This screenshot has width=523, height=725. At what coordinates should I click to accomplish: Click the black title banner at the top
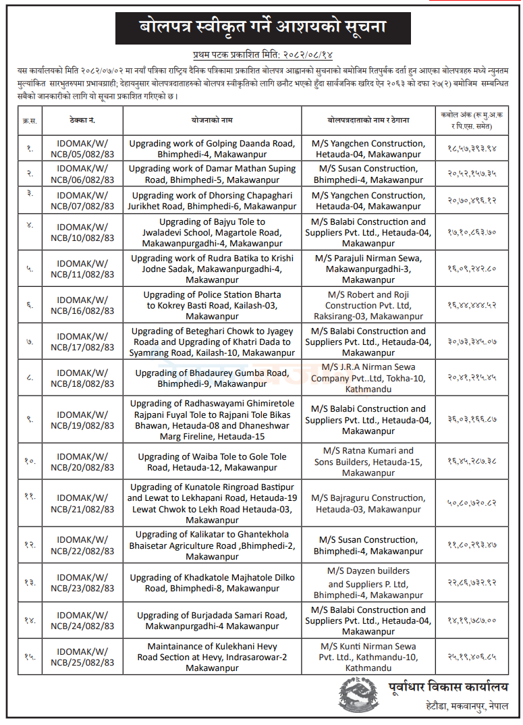pos(261,28)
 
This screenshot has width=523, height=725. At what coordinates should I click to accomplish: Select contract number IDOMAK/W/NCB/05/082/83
pos(83,149)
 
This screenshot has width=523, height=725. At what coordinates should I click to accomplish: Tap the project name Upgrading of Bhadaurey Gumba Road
pos(212,378)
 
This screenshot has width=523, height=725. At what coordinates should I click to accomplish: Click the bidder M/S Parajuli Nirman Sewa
pos(368,269)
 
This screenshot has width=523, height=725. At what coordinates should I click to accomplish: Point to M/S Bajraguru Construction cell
pos(368,503)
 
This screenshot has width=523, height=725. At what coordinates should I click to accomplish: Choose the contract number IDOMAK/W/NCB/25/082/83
pos(83,657)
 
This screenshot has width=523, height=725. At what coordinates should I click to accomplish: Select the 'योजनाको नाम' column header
pos(212,120)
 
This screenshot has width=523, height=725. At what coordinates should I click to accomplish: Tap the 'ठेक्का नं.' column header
pos(83,120)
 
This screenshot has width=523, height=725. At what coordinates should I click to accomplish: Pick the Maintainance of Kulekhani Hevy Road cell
pos(212,657)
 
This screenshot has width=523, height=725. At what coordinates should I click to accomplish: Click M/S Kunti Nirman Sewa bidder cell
pos(368,657)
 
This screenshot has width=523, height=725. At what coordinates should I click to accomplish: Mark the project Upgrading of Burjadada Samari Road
pos(212,620)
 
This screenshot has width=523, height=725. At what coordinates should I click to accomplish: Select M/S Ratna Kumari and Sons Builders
pos(368,462)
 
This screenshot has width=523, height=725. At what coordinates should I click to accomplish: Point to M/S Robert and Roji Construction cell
pos(368,305)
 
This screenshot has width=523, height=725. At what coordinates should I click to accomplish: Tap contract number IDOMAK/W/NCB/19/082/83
pos(83,420)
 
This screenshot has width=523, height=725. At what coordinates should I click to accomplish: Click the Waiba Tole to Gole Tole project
pos(212,462)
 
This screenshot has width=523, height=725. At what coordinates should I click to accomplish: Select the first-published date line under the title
pos(260,54)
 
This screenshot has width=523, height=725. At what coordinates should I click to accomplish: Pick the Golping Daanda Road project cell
pos(212,149)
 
